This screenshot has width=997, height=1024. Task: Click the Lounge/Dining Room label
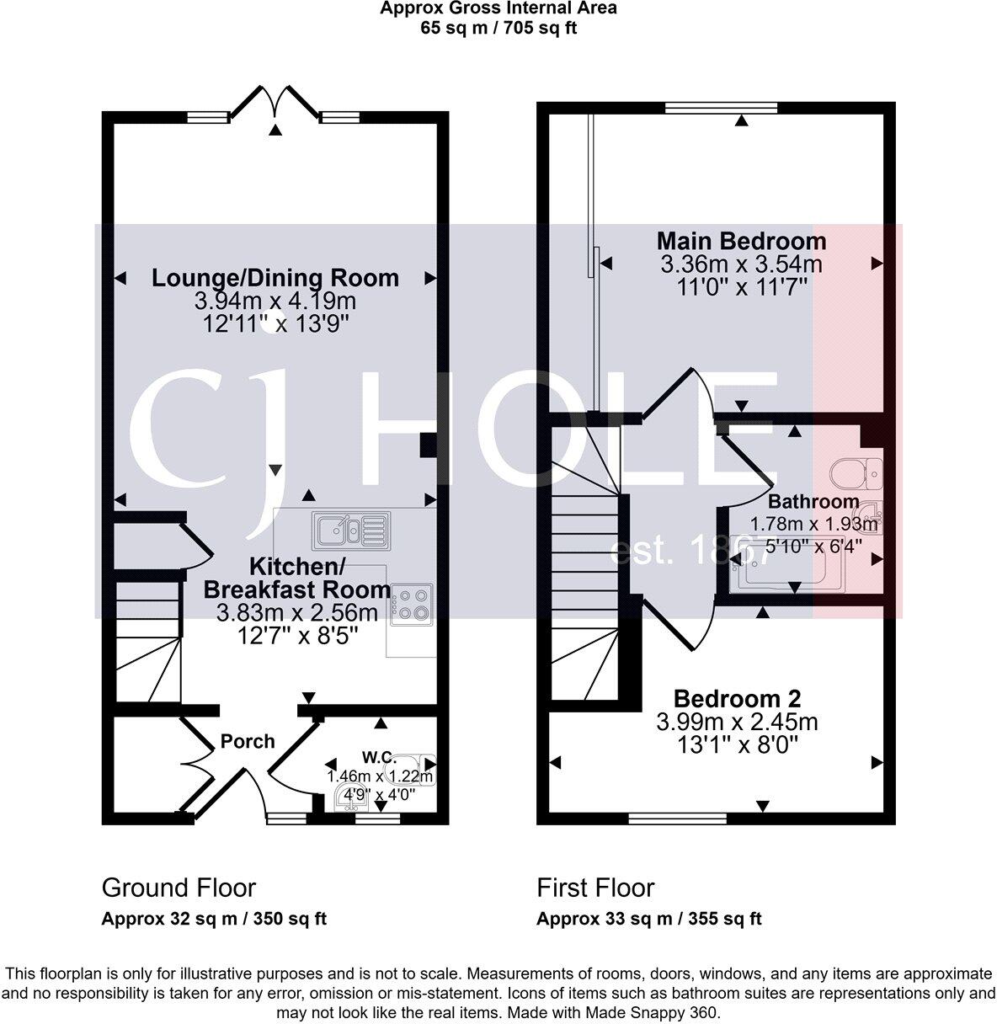coord(275,278)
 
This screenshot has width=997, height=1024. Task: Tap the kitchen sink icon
coord(349,530)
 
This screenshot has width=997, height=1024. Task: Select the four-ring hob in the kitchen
coord(412,605)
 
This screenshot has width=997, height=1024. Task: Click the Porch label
coord(248,741)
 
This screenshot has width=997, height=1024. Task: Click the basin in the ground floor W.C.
coord(347,797)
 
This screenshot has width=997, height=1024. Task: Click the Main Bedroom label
coord(741,242)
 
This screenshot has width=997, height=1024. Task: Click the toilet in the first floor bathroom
coord(854,473)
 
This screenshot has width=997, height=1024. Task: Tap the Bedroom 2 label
coord(737,699)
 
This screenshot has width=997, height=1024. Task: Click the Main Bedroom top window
coord(721,108)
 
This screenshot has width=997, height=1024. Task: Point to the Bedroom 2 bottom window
coord(677,818)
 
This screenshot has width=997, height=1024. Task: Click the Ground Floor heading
coord(179,888)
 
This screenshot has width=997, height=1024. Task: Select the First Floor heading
coord(595,888)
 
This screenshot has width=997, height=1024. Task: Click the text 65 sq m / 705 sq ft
coord(498,27)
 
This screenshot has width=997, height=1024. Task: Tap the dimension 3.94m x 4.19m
coord(275,301)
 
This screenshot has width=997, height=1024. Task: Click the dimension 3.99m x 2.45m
coord(737,722)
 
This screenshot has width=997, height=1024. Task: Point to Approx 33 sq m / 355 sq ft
coord(648,919)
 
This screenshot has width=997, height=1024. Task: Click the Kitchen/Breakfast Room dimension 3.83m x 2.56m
coord(297,612)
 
